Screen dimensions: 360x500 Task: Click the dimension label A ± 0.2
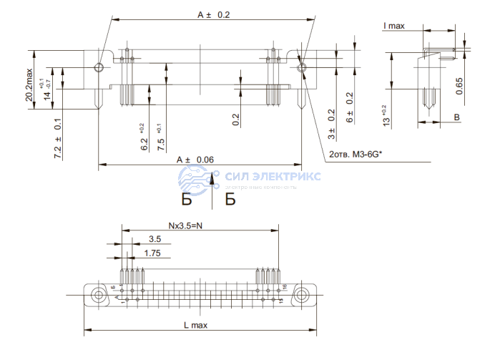point(213,14)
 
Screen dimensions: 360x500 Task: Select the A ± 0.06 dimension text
point(195,160)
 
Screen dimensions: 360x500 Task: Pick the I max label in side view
point(393,26)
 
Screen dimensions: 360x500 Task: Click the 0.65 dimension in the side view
point(459,86)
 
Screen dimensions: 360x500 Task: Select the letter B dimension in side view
point(456,117)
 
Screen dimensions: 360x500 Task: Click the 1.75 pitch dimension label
point(151,253)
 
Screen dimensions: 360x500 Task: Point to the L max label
point(195,325)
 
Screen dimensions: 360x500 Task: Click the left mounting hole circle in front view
point(99,68)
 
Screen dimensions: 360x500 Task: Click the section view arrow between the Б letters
point(212,188)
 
